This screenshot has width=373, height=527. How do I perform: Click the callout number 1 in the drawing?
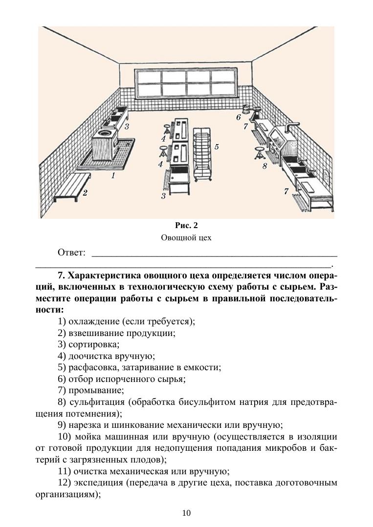tap(113, 174)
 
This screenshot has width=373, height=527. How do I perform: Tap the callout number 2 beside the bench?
tap(85, 192)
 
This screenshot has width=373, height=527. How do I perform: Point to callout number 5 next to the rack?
tap(216, 146)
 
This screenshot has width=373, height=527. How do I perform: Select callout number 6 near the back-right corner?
tap(238, 117)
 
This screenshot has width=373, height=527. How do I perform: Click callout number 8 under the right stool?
tap(264, 166)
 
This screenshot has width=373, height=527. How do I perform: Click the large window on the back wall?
tap(187, 84)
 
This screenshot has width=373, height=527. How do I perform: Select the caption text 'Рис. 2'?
tap(186, 226)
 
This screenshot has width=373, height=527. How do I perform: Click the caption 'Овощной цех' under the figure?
tap(186, 238)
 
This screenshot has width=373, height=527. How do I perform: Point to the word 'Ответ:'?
tap(72, 253)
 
